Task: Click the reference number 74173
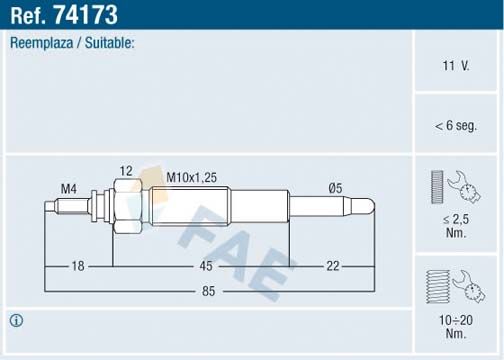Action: coord(89,16)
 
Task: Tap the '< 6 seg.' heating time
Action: coord(456,126)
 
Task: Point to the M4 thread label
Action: coord(69,188)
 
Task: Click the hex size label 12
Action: coord(125,171)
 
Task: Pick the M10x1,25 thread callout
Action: coord(190,177)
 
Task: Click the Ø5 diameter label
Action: coord(337,188)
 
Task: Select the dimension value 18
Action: coord(79,266)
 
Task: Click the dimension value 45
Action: coord(205,266)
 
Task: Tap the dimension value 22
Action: coord(332,266)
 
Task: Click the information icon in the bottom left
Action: coord(17,320)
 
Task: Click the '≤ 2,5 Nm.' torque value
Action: coord(456,224)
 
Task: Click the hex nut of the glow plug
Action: coord(124,207)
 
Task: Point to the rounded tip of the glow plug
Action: coord(370,208)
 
